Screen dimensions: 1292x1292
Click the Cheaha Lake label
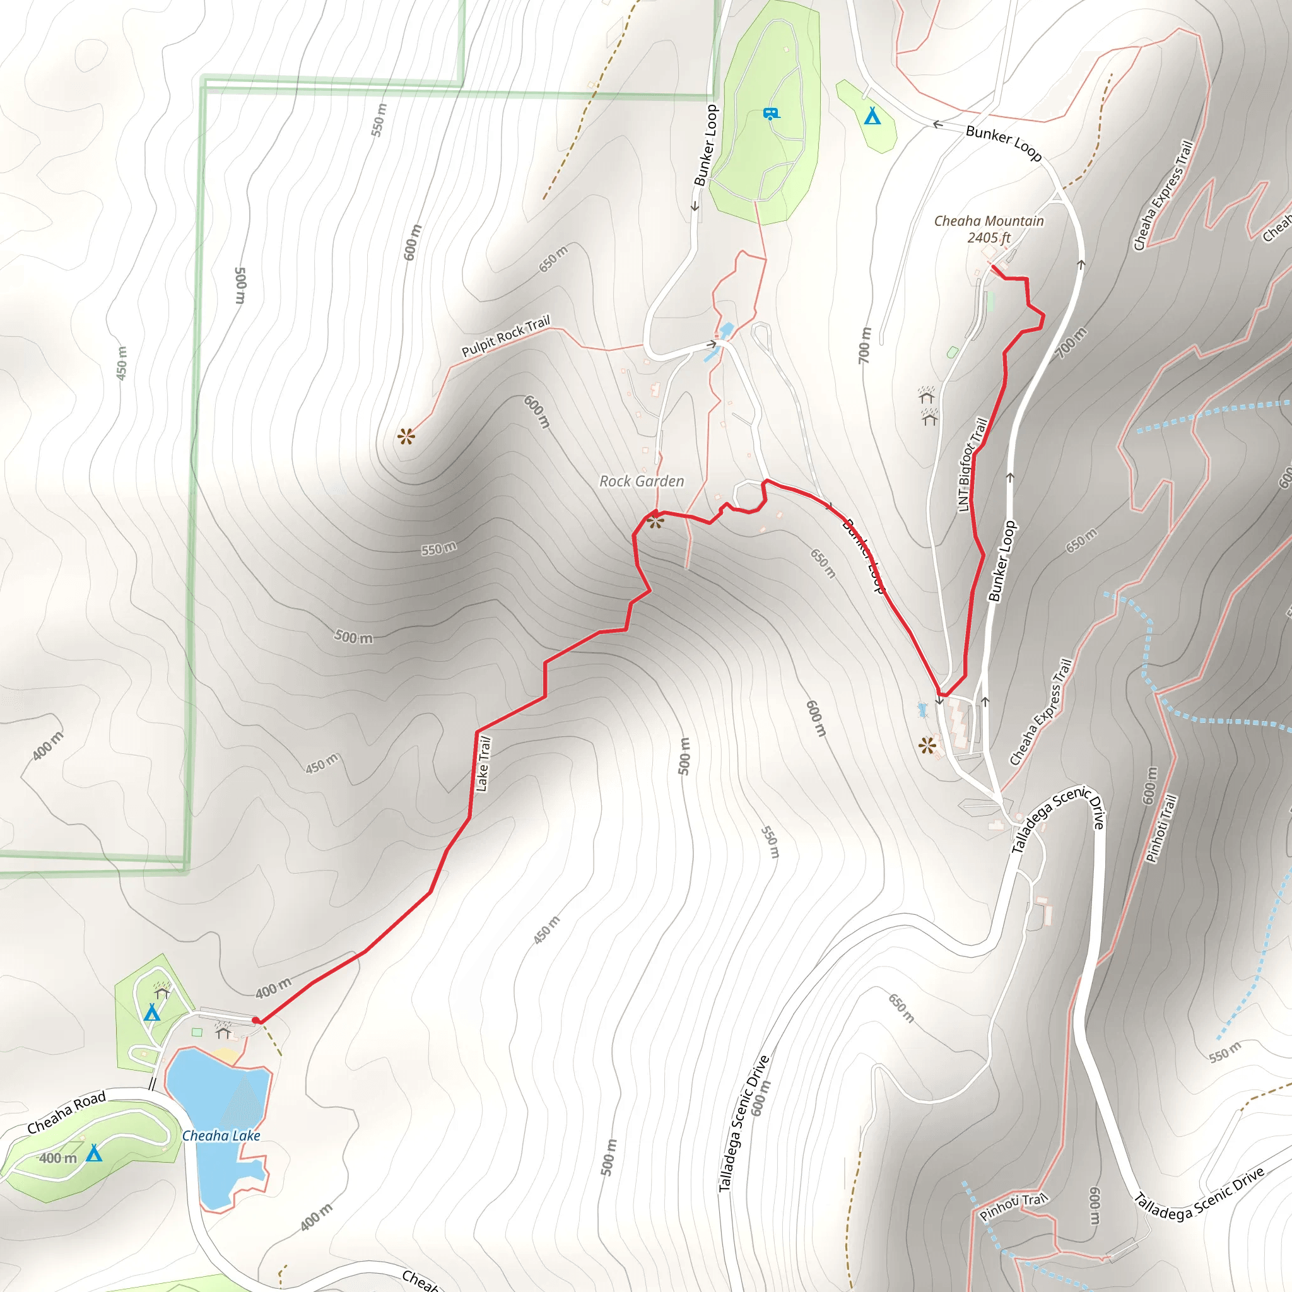pyautogui.click(x=221, y=1136)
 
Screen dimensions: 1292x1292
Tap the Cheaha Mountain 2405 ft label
pyautogui.click(x=989, y=229)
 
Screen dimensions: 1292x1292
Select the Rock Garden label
pyautogui.click(x=642, y=481)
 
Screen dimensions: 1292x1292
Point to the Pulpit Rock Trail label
pyautogui.click(x=505, y=336)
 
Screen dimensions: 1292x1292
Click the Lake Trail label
pyautogui.click(x=483, y=764)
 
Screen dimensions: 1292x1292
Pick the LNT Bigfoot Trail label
pyautogui.click(x=972, y=464)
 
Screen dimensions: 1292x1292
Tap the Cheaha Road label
pyautogui.click(x=66, y=1113)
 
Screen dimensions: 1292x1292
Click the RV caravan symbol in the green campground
pyautogui.click(x=771, y=114)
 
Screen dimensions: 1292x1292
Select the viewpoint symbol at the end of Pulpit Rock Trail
pyautogui.click(x=406, y=437)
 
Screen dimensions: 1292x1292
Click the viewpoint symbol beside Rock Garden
pyautogui.click(x=655, y=522)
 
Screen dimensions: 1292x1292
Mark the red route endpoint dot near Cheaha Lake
pyautogui.click(x=256, y=1020)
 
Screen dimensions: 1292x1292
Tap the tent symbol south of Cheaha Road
pyautogui.click(x=94, y=1153)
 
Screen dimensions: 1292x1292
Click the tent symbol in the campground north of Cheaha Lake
pyautogui.click(x=153, y=1013)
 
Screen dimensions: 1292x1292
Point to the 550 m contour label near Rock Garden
pyautogui.click(x=438, y=549)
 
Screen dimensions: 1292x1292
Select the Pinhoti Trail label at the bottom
pyautogui.click(x=1013, y=1207)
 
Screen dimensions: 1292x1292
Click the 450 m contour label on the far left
pyautogui.click(x=121, y=363)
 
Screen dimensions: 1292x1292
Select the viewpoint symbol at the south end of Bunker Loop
pyautogui.click(x=927, y=745)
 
